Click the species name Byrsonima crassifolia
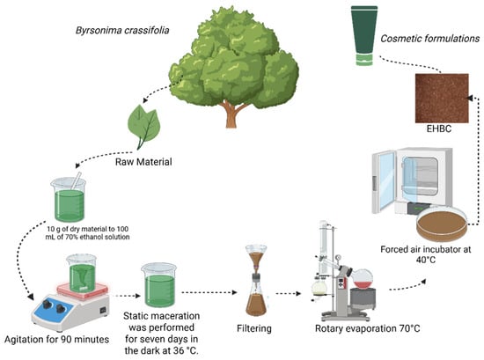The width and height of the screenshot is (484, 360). pos(122,31)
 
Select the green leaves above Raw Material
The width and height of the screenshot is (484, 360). pos(143,127)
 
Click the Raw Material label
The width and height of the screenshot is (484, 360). pos(143,162)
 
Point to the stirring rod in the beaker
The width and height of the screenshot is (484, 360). pos(76,180)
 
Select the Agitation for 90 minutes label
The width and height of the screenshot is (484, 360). pos(57,339)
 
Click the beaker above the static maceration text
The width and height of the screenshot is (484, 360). pos(159,284)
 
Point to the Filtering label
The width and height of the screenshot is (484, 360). pos(254,328)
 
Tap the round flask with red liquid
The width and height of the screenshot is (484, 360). pos(363,279)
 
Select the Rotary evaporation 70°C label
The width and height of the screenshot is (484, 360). pos(367,328)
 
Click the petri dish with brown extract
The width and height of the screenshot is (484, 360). pos(442,224)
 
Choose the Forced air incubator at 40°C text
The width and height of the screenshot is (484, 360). pos(426,254)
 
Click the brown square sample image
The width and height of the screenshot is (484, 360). pos(442,99)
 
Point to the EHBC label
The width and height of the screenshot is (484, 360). pos(438,129)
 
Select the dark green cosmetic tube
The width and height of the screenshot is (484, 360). pos(364,35)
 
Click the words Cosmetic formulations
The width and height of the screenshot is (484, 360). pos(430,39)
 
